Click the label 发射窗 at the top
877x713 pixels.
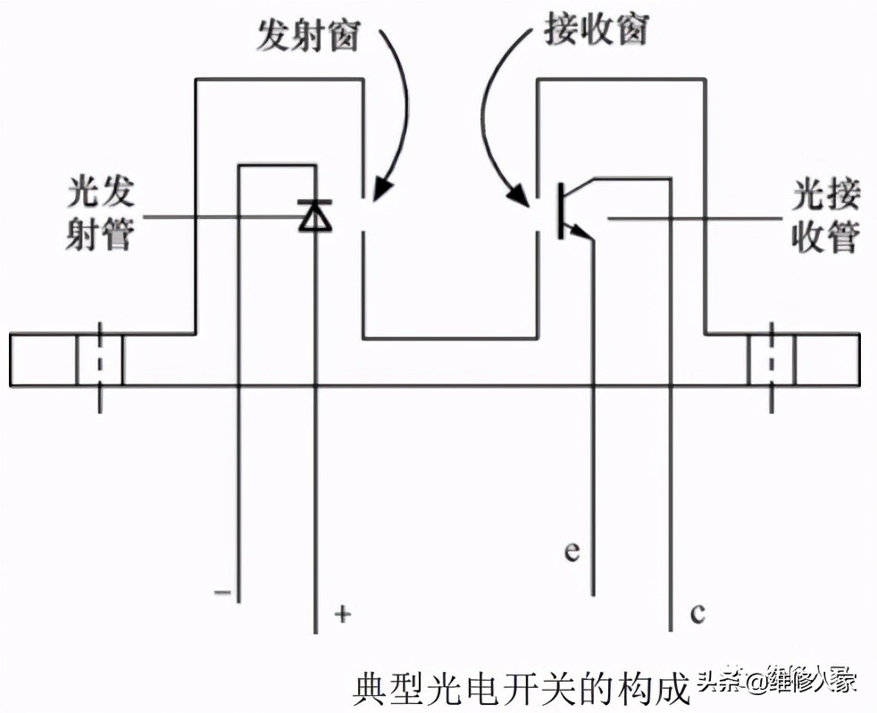click(x=308, y=37)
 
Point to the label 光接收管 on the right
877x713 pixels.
click(x=827, y=218)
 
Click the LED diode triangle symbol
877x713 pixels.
click(x=315, y=216)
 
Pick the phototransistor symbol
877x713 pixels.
click(x=572, y=211)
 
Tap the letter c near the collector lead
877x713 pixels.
click(x=697, y=614)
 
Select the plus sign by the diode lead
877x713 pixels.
click(x=341, y=614)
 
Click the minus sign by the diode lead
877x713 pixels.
click(x=222, y=591)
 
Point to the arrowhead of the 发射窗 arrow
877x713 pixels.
click(x=381, y=189)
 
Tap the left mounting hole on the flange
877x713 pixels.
click(x=99, y=360)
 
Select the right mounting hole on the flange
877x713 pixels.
click(x=772, y=360)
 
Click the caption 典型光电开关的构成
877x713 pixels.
click(x=522, y=688)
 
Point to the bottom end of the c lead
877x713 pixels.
click(x=672, y=630)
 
